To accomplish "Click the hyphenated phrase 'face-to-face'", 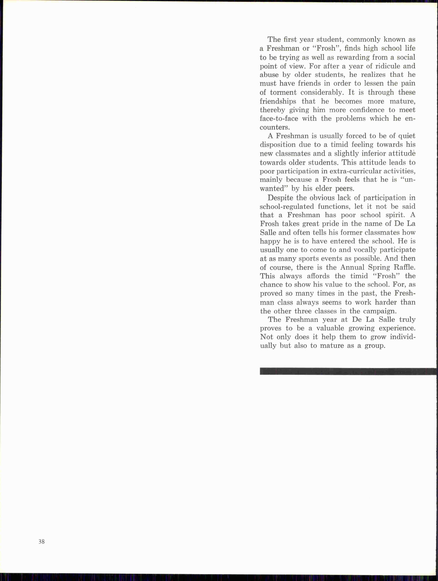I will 279,119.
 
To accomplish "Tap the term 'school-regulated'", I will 287,207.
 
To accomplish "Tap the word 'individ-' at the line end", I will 403,337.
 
